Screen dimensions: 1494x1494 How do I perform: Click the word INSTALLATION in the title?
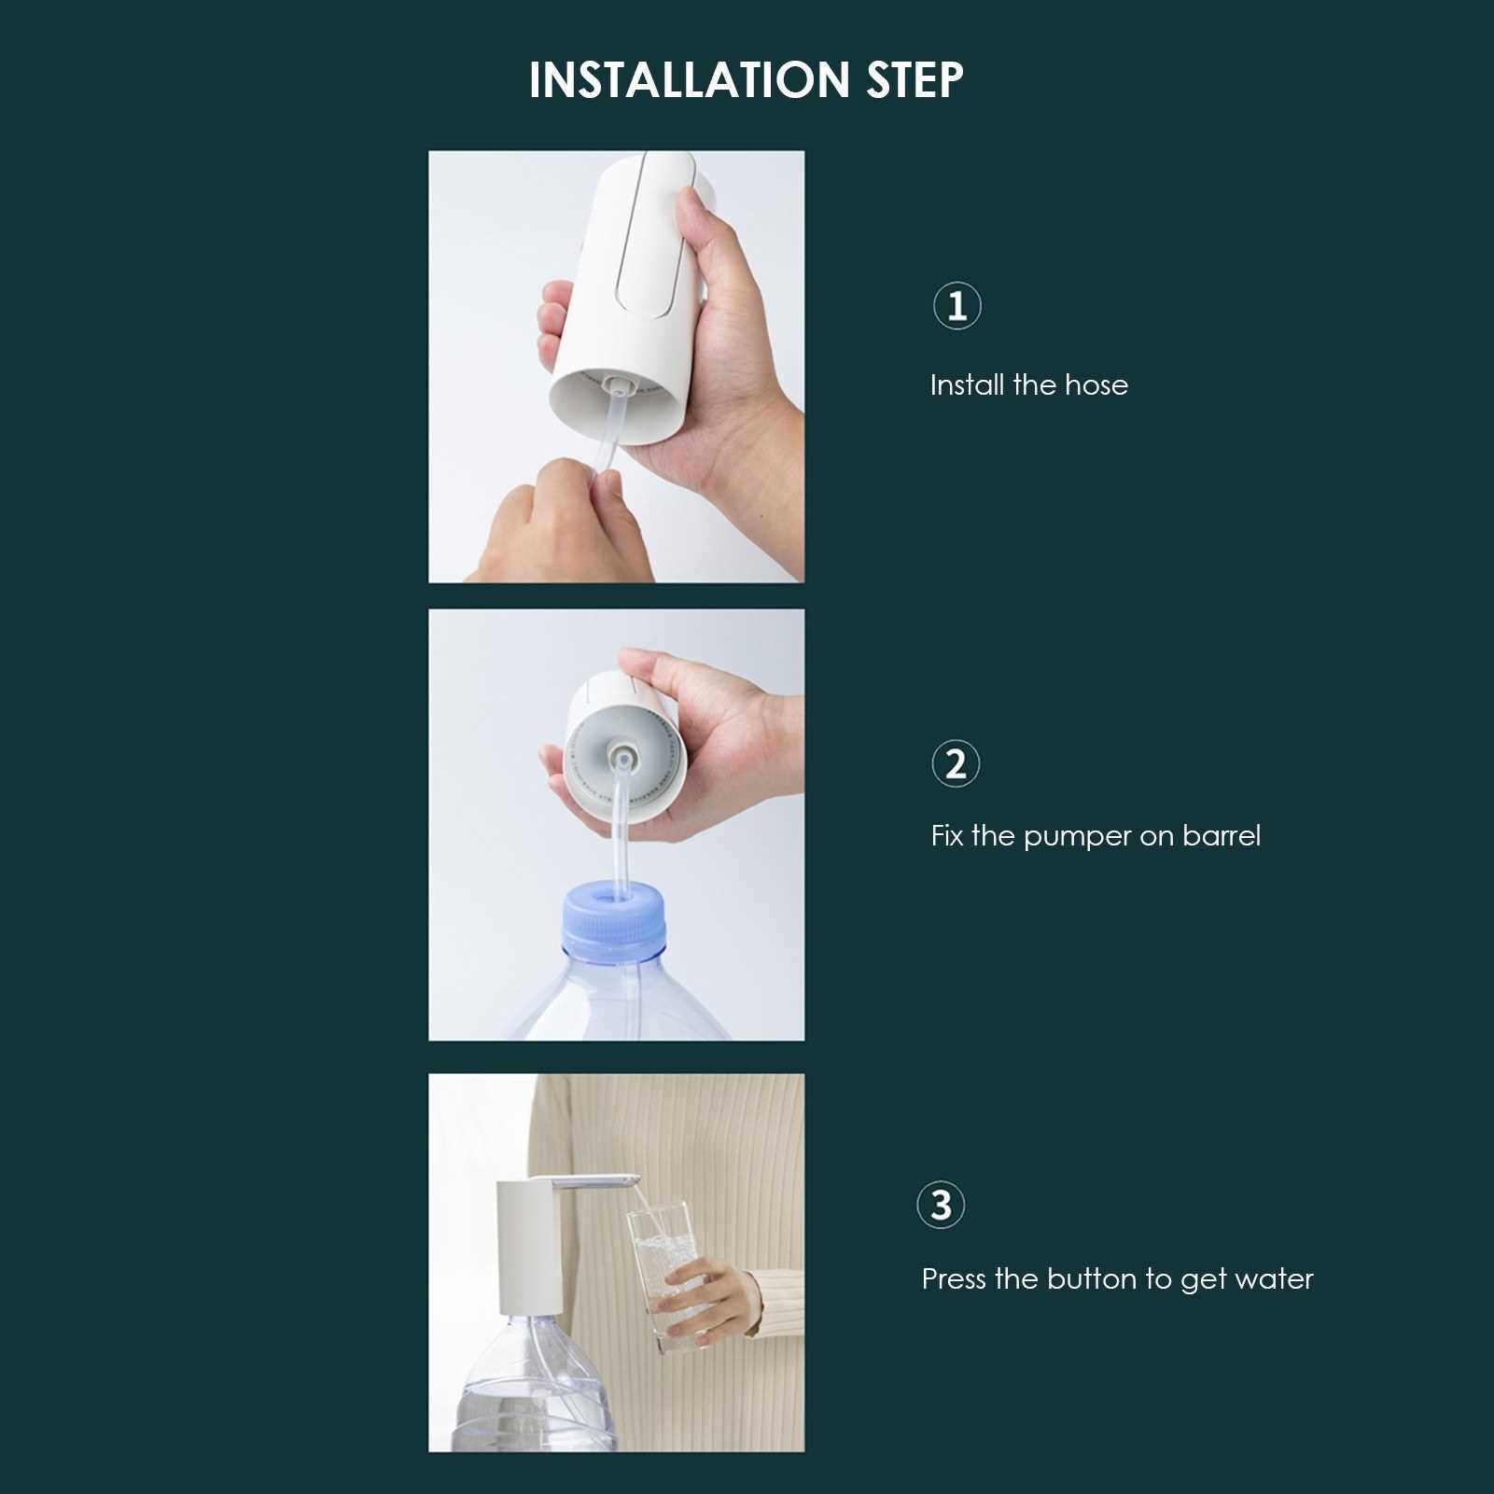pyautogui.click(x=690, y=79)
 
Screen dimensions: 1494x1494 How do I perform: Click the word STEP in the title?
pyautogui.click(x=915, y=79)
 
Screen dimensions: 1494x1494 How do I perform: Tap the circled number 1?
pyautogui.click(x=957, y=306)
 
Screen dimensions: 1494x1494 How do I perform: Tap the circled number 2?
pyautogui.click(x=956, y=764)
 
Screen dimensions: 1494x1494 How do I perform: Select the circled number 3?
pyautogui.click(x=941, y=1205)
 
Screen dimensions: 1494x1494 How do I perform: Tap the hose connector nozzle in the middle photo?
pyautogui.click(x=622, y=752)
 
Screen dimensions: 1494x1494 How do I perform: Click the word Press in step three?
pyautogui.click(x=954, y=1278)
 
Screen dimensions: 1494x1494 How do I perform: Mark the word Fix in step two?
pyautogui.click(x=946, y=835)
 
